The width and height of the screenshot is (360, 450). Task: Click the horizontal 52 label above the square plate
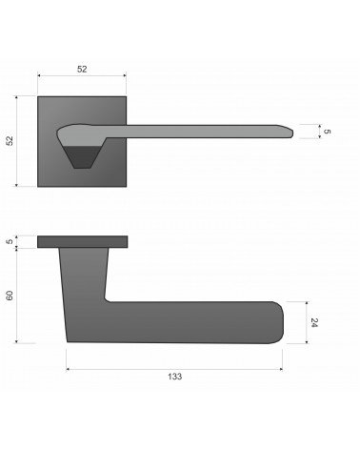pyautogui.click(x=82, y=69)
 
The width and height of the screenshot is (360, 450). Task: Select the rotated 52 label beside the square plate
pyautogui.click(x=10, y=141)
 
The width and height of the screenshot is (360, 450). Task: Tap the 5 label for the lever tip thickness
pyautogui.click(x=327, y=132)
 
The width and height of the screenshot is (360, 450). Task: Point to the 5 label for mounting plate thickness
pyautogui.click(x=10, y=241)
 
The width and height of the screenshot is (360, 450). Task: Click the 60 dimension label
pyautogui.click(x=10, y=296)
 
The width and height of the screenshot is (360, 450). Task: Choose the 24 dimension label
pyautogui.click(x=314, y=322)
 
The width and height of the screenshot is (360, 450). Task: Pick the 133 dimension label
pyautogui.click(x=175, y=377)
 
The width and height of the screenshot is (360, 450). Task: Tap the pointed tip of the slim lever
pyautogui.click(x=292, y=133)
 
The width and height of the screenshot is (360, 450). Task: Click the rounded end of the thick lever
pyautogui.click(x=279, y=322)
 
